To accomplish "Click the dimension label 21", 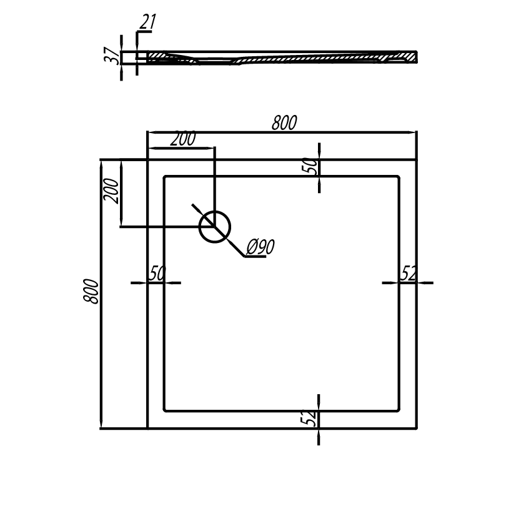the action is pos(148,22).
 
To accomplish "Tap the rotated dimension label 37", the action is pos(112,56).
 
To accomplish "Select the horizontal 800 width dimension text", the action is pos(284,122).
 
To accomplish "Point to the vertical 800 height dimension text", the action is pos(91,291).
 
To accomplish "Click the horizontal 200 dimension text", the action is pos(183,139).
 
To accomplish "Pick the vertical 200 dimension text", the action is pos(111,192).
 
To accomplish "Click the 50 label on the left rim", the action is pos(157,273).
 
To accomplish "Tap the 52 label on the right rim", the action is pos(409,273).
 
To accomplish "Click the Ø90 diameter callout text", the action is pos(261,247).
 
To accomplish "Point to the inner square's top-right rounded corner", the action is pos(397,177).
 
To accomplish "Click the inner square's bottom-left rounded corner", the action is pos(165,409).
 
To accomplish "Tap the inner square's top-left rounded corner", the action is pos(165,177).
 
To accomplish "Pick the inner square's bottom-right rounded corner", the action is pos(397,409).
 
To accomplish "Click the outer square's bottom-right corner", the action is pos(416,428).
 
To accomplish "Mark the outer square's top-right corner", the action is pos(416,160).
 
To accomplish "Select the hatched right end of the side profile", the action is pos(406,56).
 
